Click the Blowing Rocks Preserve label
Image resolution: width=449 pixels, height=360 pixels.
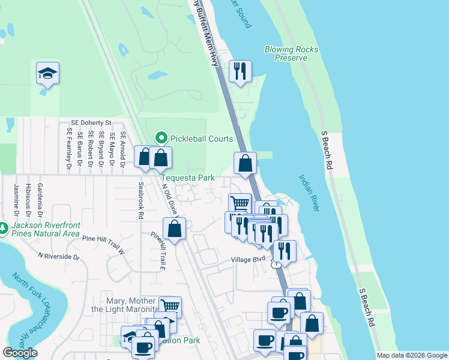coord(291,53)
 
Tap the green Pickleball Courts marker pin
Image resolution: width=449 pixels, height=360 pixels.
coord(161,138)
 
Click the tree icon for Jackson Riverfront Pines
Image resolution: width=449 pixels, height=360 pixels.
coord(4,228)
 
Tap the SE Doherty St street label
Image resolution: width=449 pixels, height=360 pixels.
coord(91,122)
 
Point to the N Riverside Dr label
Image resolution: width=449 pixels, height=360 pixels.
coord(58,256)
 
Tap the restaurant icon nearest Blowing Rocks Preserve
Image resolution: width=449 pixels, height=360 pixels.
coord(240,71)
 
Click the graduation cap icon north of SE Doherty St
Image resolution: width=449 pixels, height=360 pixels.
coord(47,73)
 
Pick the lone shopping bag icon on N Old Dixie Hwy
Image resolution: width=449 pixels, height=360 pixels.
coord(174,229)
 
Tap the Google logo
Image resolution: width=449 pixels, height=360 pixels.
coord(20,353)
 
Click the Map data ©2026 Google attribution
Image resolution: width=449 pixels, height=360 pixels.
coord(411,355)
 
